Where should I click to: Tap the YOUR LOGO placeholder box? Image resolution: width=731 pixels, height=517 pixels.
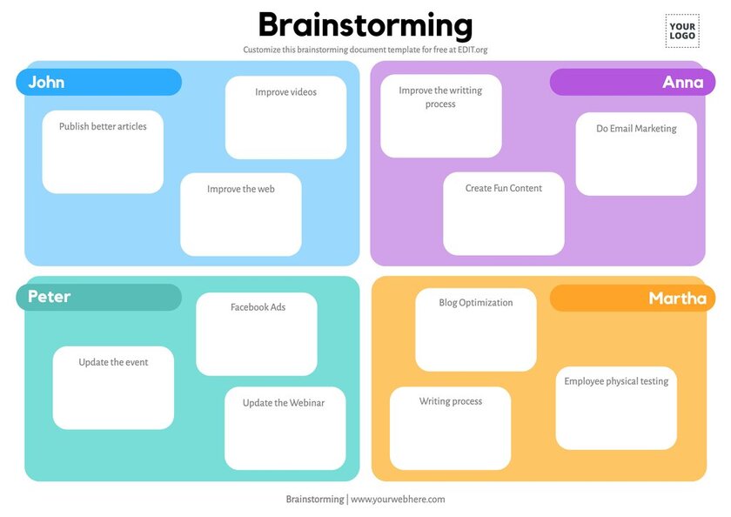[x=682, y=30]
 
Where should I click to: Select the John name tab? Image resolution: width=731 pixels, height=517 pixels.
[x=98, y=83]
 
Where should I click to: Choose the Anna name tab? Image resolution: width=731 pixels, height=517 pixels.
[x=633, y=83]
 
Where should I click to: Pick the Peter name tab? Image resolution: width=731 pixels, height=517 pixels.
[x=98, y=297]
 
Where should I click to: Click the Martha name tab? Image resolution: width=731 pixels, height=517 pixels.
[x=633, y=298]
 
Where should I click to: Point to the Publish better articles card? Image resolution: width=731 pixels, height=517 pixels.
[x=103, y=151]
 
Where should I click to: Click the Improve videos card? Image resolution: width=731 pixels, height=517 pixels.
[x=285, y=117]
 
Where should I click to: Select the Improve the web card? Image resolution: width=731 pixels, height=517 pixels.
[x=241, y=214]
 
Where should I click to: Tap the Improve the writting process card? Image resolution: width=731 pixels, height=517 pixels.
[x=441, y=116]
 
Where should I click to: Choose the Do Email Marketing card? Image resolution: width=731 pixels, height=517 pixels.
[x=636, y=153]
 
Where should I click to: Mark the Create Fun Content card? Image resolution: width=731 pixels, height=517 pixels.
[x=504, y=213]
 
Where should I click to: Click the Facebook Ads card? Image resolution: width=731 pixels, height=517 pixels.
[x=257, y=333]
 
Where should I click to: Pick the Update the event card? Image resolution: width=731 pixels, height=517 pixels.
[x=113, y=387]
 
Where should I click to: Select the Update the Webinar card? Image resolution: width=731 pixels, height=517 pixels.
[x=285, y=428]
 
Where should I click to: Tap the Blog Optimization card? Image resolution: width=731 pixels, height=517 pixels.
[x=476, y=330]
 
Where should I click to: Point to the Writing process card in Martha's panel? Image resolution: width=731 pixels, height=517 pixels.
[x=450, y=428]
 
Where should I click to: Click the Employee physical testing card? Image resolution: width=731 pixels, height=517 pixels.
[x=616, y=408]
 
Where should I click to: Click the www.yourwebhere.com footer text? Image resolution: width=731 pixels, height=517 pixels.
[x=398, y=500]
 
